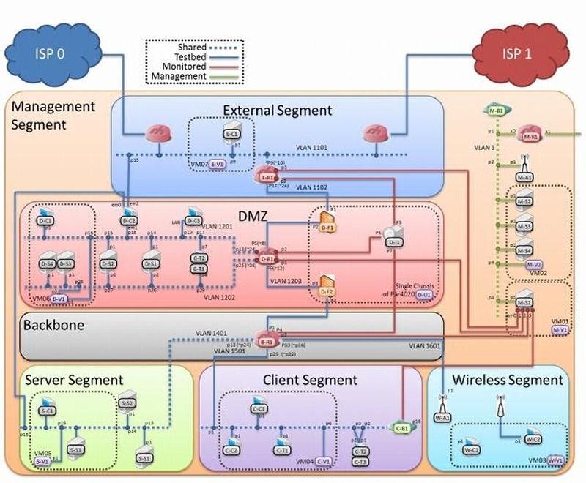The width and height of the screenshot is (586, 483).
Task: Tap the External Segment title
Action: tap(278, 111)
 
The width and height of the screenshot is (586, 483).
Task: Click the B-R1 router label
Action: tap(265, 341)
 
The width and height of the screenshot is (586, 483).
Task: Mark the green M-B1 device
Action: tap(496, 111)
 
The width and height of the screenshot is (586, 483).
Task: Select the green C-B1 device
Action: tap(401, 429)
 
